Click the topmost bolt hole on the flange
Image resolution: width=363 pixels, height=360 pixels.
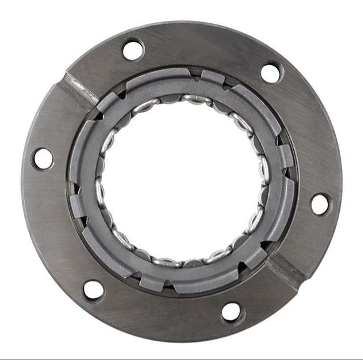pyautogui.click(x=133, y=49)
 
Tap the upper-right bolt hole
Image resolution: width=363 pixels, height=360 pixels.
pyautogui.click(x=271, y=72)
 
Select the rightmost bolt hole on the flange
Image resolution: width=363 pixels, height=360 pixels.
pyautogui.click(x=320, y=204)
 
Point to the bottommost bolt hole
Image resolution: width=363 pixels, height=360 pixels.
pyautogui.click(x=231, y=311)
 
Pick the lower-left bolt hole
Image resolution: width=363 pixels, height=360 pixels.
pyautogui.click(x=94, y=290)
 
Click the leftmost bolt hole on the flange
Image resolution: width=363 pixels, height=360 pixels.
pyautogui.click(x=43, y=158)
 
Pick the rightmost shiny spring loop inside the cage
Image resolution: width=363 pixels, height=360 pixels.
pyautogui.click(x=263, y=170)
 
